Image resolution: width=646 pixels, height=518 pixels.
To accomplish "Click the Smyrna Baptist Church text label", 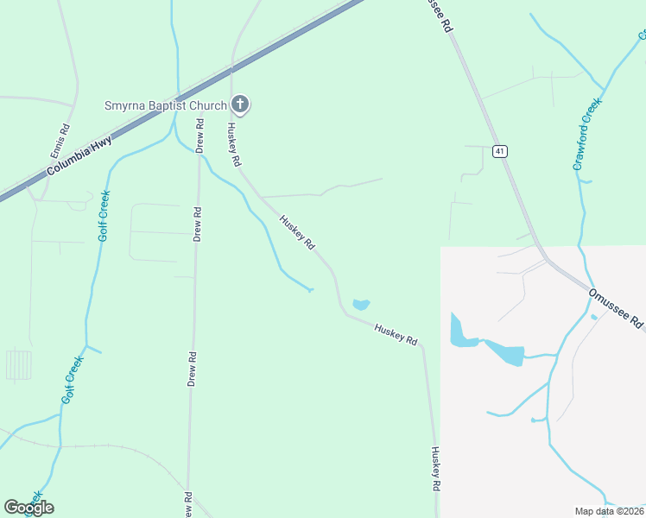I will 166,105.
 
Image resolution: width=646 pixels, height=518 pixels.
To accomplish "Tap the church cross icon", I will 241,105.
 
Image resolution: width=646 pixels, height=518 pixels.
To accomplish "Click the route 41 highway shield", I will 500,151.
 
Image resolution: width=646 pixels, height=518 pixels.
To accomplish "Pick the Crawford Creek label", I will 587,134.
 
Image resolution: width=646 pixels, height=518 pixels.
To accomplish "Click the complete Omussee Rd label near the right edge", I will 617,308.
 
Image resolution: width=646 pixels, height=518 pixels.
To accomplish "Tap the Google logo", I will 28,508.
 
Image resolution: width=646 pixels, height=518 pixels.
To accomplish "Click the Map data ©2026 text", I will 610,511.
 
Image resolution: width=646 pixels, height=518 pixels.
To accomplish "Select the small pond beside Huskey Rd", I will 361,304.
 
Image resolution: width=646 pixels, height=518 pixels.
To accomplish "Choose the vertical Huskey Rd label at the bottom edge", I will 436,469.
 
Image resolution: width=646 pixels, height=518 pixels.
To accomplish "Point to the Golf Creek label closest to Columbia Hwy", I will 104,216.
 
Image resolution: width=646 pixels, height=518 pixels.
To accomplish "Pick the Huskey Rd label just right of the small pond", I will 396,333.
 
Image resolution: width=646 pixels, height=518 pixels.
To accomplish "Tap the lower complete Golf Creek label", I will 71,380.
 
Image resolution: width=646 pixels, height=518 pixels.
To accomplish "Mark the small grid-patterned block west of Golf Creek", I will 18,364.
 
